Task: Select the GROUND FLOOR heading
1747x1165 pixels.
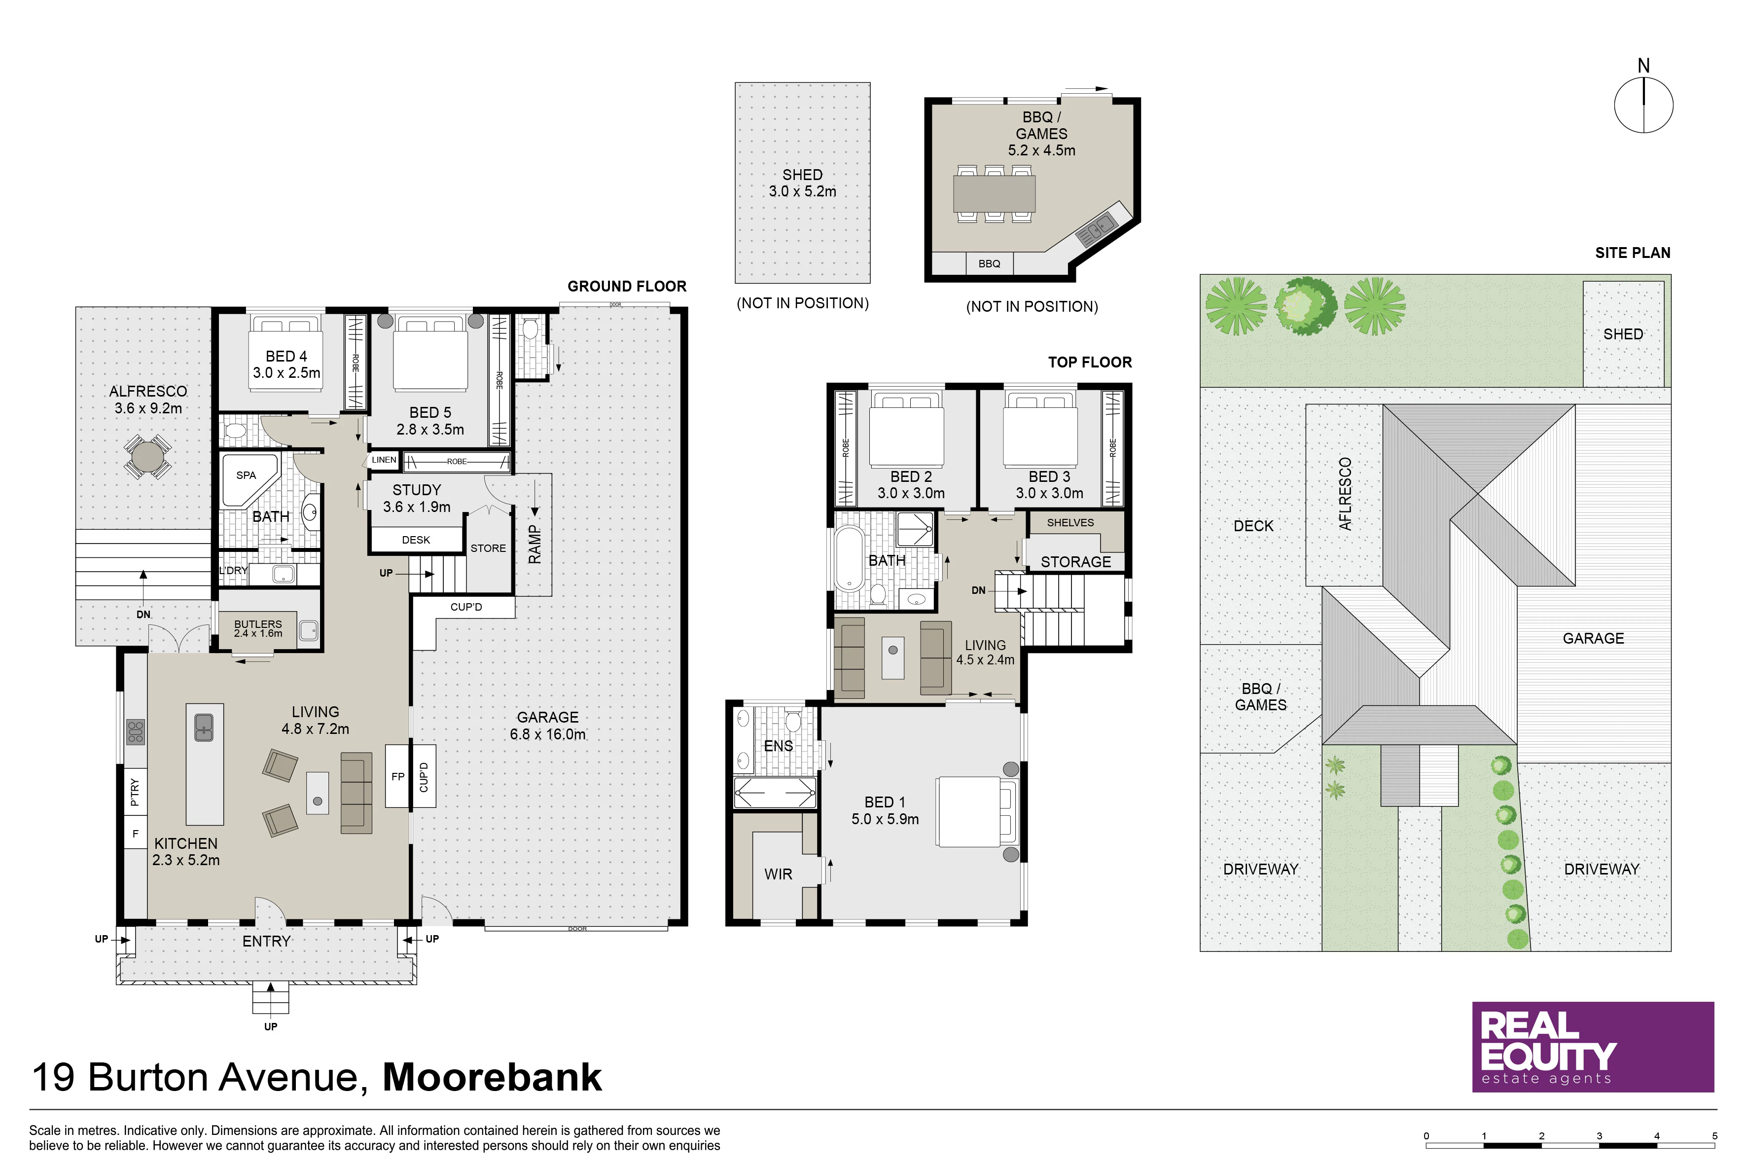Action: point(627,287)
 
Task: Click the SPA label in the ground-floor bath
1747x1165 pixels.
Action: point(246,475)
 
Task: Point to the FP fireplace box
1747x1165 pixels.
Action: point(398,776)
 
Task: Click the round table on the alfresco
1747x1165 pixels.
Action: point(148,457)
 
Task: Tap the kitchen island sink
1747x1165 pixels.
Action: point(204,728)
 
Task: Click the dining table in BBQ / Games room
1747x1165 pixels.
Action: point(995,193)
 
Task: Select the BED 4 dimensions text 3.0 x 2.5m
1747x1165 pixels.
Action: point(286,373)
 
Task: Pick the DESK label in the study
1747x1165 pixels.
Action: point(416,540)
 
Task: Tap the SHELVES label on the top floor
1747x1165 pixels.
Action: point(1070,523)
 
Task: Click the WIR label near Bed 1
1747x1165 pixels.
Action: point(779,874)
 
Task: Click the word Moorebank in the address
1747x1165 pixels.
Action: point(492,1077)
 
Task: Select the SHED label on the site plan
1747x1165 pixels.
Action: point(1623,334)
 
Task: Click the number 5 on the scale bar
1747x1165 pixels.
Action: point(1715,1136)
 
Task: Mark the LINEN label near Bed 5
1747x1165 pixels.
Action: point(384,460)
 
